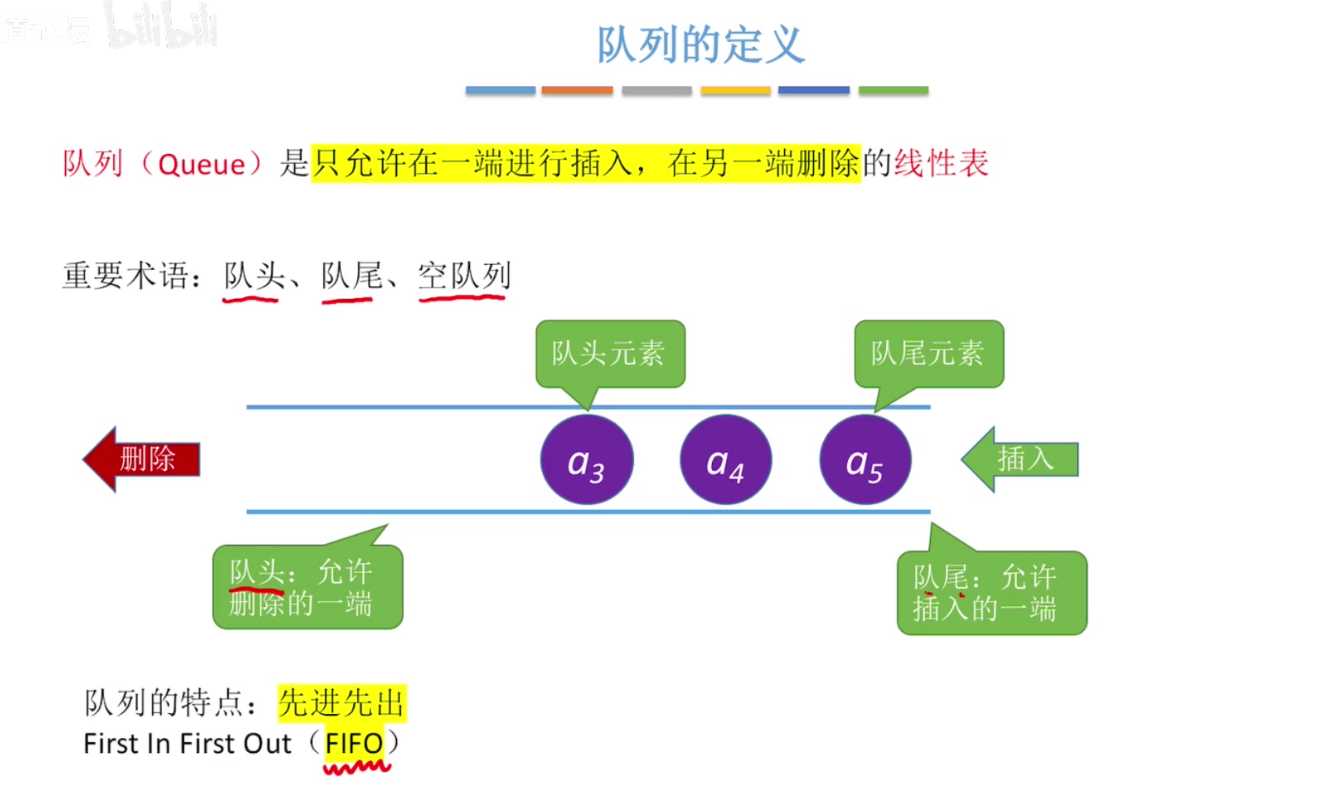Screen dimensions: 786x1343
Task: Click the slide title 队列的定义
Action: coord(701,45)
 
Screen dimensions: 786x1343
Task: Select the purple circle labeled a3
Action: coord(586,460)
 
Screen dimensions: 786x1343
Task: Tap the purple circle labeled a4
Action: coord(726,460)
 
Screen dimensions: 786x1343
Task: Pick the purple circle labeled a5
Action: coord(865,460)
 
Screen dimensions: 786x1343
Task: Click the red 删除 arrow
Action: coord(143,459)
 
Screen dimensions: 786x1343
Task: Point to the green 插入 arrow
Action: coord(1021,459)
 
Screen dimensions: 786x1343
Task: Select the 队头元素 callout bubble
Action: coord(610,353)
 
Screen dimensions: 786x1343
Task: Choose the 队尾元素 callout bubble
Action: coord(928,353)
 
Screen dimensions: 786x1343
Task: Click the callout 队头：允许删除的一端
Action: coord(307,587)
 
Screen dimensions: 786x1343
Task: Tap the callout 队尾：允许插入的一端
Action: coord(991,592)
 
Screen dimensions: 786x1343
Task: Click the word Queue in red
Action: coord(201,164)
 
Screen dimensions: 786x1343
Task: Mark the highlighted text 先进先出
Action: coord(341,703)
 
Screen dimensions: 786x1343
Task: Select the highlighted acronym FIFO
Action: coord(354,743)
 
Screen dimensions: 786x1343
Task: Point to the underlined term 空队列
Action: coord(464,276)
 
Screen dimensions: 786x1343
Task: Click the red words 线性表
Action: coord(941,164)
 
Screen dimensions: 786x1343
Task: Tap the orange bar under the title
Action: coord(577,91)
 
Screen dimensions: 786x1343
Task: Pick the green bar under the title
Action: coord(893,91)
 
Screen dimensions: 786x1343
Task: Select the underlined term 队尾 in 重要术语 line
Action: coord(351,276)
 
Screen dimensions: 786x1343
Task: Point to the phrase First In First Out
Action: coord(187,743)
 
